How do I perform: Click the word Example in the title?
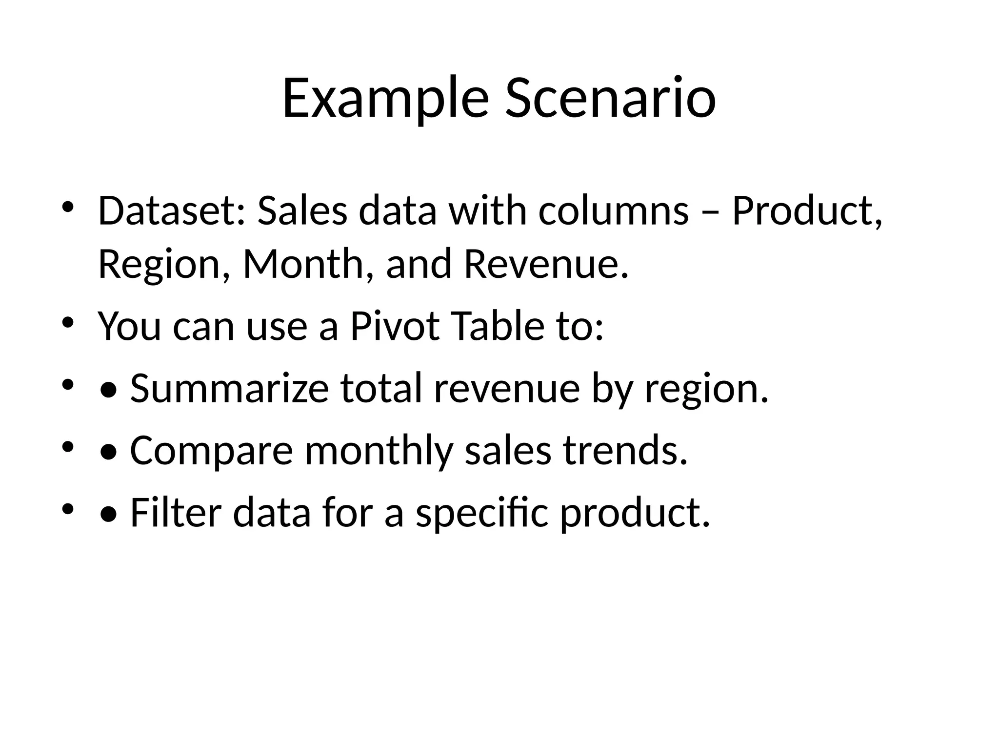click(385, 98)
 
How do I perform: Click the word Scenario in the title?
click(611, 98)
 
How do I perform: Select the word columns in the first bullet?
click(614, 211)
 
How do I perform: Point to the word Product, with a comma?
click(807, 211)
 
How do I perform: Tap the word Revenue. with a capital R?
click(546, 264)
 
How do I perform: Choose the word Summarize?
click(229, 389)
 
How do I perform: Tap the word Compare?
click(211, 451)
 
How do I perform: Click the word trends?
click(625, 450)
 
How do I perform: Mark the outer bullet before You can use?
click(67, 322)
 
